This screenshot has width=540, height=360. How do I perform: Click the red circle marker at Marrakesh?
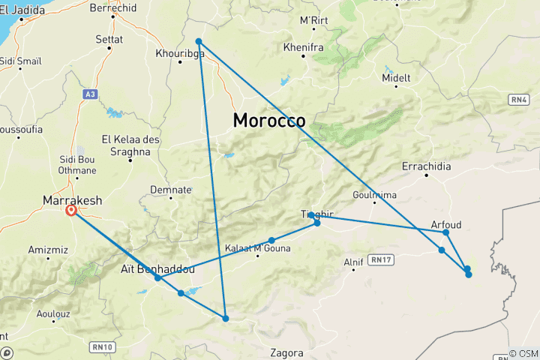(x=72, y=211)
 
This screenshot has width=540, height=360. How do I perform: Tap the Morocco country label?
(x=268, y=121)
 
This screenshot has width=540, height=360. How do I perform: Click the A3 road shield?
(x=90, y=94)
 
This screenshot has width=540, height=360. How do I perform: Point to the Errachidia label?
(x=426, y=166)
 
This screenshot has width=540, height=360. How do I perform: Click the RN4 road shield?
(x=518, y=98)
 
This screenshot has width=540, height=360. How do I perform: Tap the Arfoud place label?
(x=446, y=223)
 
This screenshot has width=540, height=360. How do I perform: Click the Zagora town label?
(x=286, y=352)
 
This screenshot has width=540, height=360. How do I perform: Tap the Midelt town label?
(x=396, y=78)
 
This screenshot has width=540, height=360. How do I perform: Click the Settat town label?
(x=109, y=38)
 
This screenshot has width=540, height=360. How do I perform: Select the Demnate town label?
(x=171, y=190)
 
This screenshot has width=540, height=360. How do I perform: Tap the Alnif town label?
(x=353, y=262)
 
